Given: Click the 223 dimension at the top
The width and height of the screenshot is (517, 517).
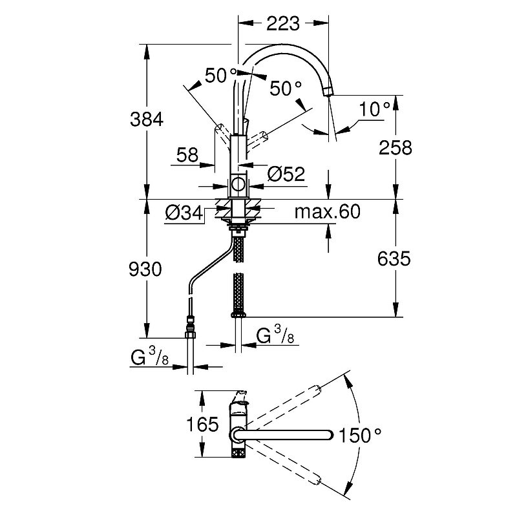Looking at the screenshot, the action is (x=283, y=23).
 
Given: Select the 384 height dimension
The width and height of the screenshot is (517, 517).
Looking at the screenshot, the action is (x=147, y=120).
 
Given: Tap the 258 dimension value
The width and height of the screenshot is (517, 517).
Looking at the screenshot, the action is (x=396, y=147).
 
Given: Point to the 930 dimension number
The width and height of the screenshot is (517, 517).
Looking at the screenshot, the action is (x=145, y=269).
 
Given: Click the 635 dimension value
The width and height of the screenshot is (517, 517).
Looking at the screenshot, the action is (x=394, y=258).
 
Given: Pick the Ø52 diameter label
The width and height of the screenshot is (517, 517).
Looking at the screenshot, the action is (x=286, y=174).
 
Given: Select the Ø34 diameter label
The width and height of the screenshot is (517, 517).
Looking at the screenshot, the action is (x=184, y=213).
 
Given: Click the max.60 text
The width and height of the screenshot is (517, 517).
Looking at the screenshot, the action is (x=328, y=212).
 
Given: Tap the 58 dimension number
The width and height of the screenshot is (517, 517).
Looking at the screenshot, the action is (x=187, y=154).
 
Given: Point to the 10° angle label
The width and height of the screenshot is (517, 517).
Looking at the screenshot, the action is (x=375, y=109).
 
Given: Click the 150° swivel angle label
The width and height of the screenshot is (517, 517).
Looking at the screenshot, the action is (x=360, y=435).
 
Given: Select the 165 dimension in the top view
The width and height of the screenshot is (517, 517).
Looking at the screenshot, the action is (x=202, y=424).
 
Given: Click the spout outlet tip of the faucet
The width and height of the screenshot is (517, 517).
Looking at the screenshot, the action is (x=328, y=91).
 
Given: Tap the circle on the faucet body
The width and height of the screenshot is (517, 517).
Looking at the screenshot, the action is (x=238, y=185).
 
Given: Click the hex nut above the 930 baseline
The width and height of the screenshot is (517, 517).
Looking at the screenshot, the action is (x=190, y=335).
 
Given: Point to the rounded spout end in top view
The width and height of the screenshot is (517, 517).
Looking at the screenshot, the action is (x=329, y=435).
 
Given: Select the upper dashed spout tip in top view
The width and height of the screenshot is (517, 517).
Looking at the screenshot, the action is (x=317, y=388).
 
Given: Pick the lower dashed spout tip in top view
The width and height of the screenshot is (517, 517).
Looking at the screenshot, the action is (x=317, y=480).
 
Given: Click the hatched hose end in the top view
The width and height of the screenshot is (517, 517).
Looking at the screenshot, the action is (x=238, y=453).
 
